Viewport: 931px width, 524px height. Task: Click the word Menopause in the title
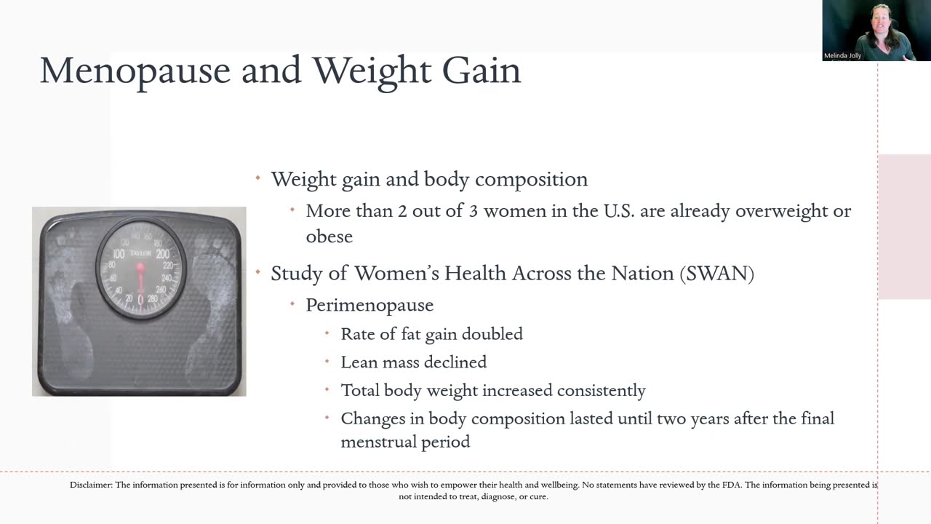coord(135,71)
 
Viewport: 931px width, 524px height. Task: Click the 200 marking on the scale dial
coord(162,254)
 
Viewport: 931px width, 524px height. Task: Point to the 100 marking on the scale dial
coord(119,254)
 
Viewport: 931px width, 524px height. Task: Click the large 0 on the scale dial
coord(140,299)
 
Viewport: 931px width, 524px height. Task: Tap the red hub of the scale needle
coord(140,269)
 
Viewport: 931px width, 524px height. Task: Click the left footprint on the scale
coord(71,308)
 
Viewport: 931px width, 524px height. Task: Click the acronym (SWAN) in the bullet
coord(717,274)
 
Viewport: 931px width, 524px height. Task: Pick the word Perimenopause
coord(369,306)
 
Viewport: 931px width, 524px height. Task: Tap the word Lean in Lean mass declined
coord(359,362)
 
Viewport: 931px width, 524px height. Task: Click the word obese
coord(329,237)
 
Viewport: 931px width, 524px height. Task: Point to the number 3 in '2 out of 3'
coord(474,211)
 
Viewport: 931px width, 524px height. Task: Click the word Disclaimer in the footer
coord(91,485)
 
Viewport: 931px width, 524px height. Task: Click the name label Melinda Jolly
coord(842,55)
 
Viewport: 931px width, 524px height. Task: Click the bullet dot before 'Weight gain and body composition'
coord(257,178)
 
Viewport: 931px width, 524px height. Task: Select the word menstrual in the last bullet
coord(377,442)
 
